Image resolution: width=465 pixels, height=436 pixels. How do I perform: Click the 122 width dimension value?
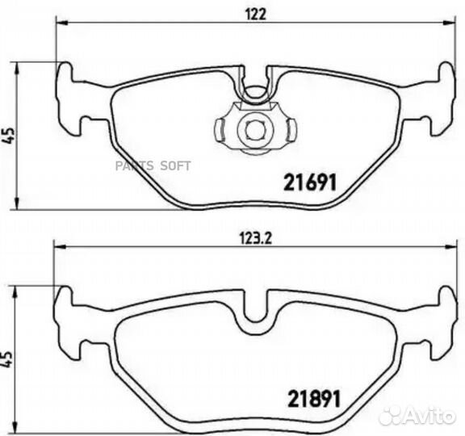[x=256, y=14]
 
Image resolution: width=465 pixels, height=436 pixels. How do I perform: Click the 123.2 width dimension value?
[x=255, y=238]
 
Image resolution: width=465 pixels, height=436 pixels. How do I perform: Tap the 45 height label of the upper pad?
[x=8, y=136]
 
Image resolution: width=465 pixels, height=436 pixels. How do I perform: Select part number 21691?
[x=310, y=182]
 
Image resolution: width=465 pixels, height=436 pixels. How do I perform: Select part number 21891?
[x=314, y=399]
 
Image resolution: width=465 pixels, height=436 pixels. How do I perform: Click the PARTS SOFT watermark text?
[x=153, y=166]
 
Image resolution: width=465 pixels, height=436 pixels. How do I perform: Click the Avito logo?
[x=417, y=415]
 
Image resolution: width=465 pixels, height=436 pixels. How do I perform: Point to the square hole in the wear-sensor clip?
[x=255, y=131]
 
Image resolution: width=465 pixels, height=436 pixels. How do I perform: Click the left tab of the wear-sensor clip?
[x=220, y=130]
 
